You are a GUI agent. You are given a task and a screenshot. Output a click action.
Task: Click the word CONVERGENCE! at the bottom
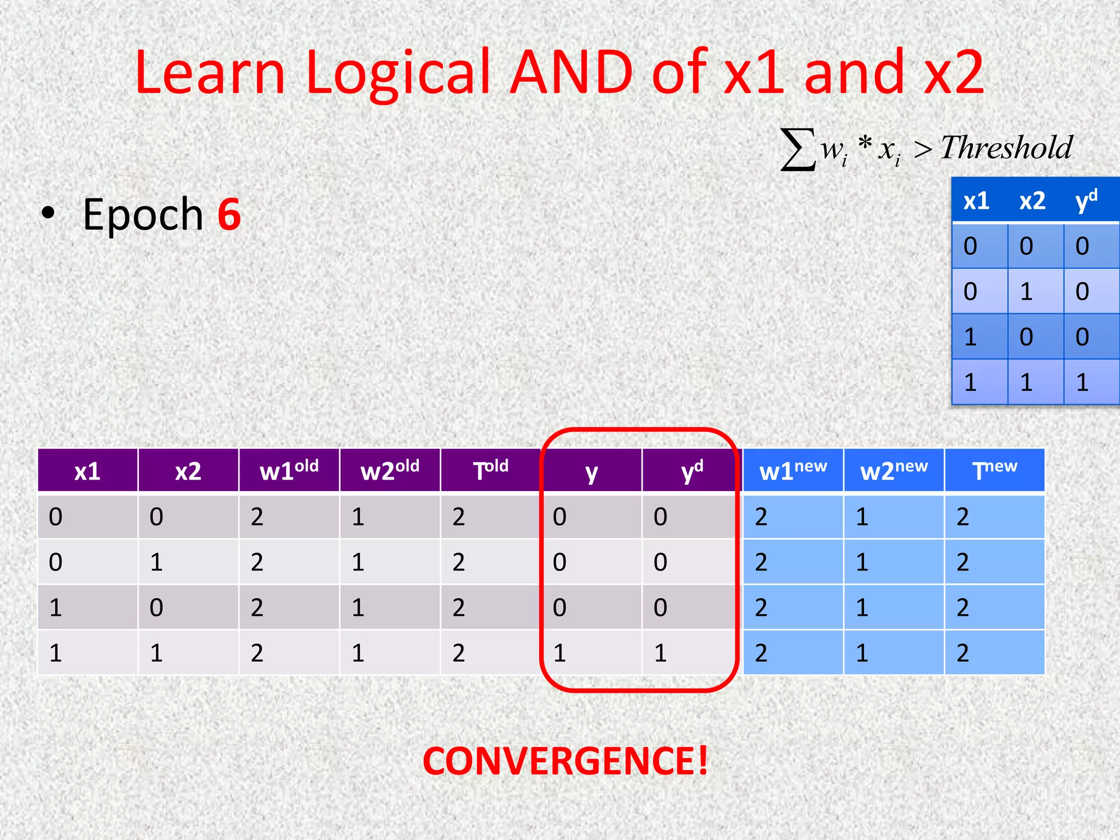coord(565,761)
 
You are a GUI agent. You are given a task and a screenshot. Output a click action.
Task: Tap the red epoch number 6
coord(229,214)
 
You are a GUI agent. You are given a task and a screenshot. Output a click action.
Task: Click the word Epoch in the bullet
coord(143,214)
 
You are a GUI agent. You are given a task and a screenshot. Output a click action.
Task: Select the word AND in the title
coord(571,72)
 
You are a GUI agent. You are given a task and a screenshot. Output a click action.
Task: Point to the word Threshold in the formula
coord(1006,148)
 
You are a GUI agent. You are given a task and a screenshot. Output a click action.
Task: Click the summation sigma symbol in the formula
coord(797,149)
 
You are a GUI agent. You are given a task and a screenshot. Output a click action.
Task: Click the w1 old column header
coord(289,471)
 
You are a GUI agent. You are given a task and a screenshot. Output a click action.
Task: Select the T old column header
coord(491,470)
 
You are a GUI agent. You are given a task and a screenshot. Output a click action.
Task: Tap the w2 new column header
coord(894,471)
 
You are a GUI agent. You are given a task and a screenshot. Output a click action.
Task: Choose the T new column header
coord(994,470)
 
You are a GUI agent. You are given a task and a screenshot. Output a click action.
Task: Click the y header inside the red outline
coord(591,472)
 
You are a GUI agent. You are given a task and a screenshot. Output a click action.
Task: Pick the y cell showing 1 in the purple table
coord(559,652)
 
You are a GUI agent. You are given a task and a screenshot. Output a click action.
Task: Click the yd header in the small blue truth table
coord(1086,200)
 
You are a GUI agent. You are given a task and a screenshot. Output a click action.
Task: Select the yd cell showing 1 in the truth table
coord(1082,382)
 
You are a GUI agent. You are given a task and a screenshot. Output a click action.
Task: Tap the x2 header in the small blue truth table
coord(1032,201)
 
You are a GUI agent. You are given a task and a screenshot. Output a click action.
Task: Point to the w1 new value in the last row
coord(761,652)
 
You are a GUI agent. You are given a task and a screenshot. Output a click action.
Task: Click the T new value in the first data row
coord(963,516)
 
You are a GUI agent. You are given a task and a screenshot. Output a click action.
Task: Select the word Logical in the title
coord(398,72)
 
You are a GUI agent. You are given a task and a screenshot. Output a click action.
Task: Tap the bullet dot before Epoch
coord(48,214)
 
